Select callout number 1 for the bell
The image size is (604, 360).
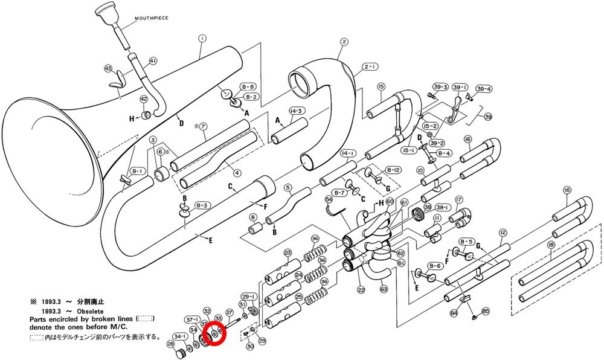coord(202,38)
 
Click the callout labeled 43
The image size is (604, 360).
coord(109,68)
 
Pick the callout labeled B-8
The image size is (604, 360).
coord(248,86)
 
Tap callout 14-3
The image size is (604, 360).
coord(296,111)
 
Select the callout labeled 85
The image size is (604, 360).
coord(486,312)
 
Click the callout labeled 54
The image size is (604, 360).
coord(329,199)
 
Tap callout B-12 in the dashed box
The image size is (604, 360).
coord(394,170)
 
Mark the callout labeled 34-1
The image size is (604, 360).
coord(180,336)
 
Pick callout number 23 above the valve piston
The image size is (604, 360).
coord(288,252)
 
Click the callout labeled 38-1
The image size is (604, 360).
coord(443,207)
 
